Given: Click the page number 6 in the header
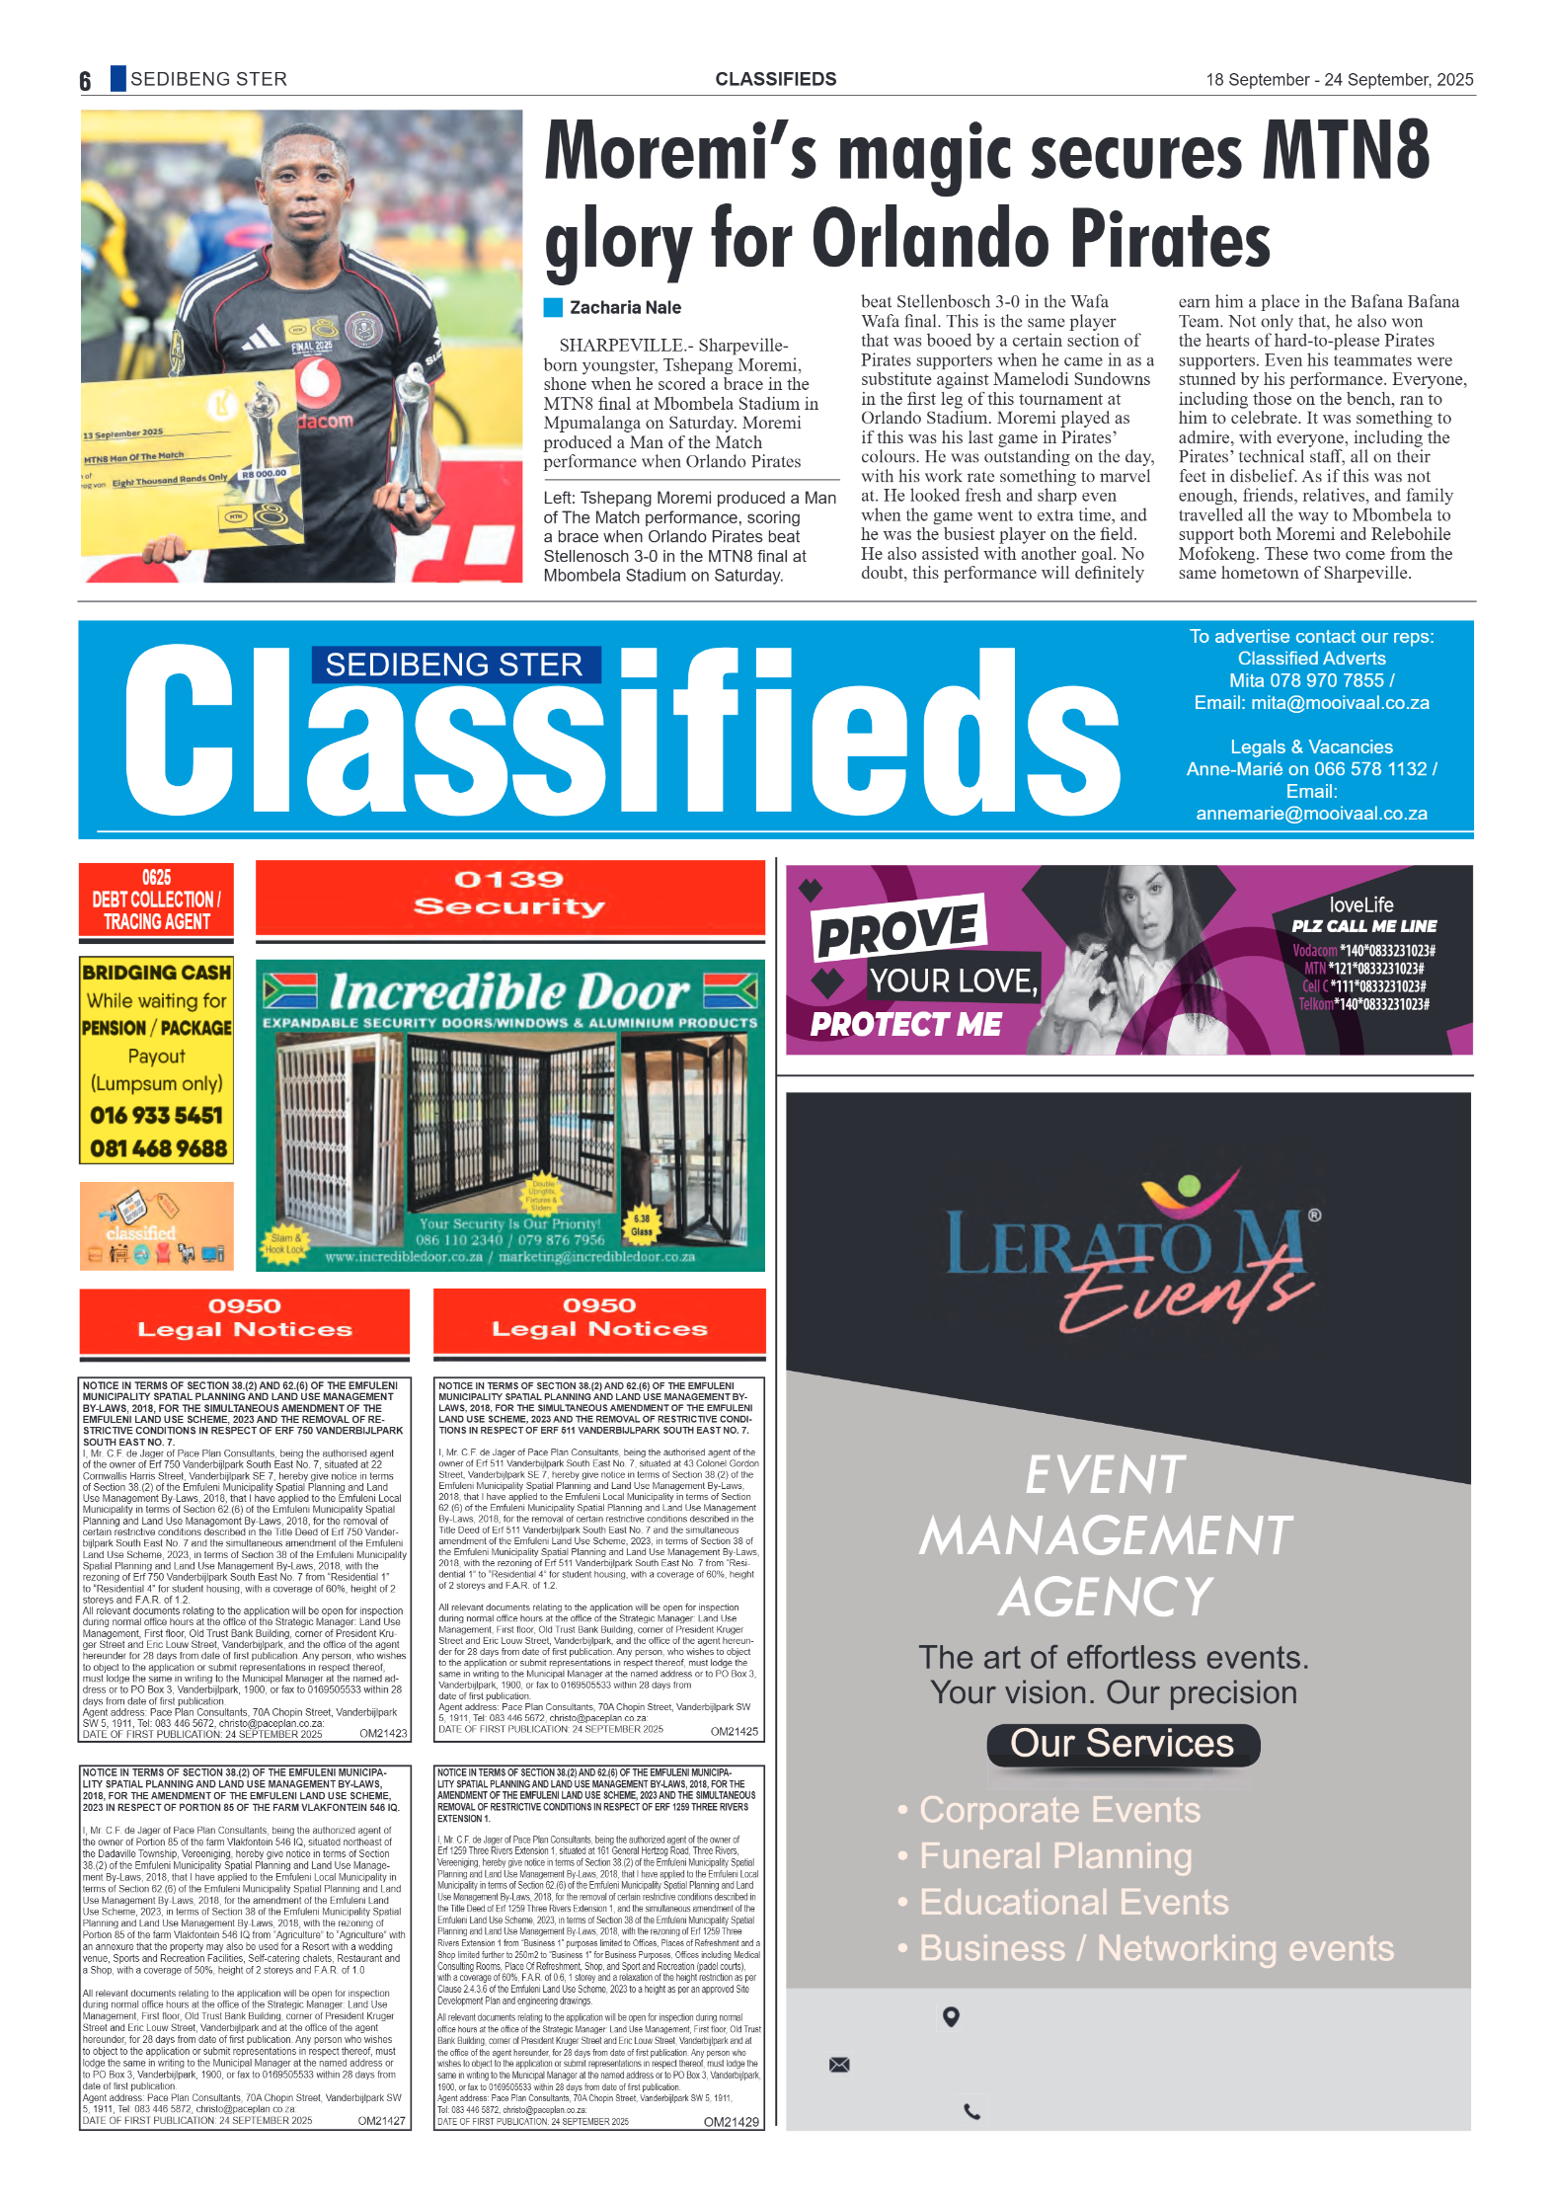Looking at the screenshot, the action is coord(85,81).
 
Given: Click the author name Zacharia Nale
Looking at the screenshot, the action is coord(624,308).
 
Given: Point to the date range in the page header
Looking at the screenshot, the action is coord(1339,80).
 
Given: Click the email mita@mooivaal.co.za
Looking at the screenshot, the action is coord(1339,703).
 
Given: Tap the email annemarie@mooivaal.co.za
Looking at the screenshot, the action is coord(1311,814).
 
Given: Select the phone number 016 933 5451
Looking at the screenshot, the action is coord(156,1116).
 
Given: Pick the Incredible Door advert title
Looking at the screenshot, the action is coord(509,991).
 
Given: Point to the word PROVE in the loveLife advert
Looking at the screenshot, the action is coord(898,929).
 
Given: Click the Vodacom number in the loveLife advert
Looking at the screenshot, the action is coord(1362,951).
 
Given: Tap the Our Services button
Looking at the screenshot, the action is coord(1122,1744).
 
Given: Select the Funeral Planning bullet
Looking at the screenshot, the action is coord(1054,1856).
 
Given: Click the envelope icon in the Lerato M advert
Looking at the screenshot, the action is coord(839,2065).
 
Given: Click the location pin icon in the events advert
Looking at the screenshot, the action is coord(951,2016).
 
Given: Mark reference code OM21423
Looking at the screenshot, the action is coord(383,1733).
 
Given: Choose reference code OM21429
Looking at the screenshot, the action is coord(731,2122).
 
